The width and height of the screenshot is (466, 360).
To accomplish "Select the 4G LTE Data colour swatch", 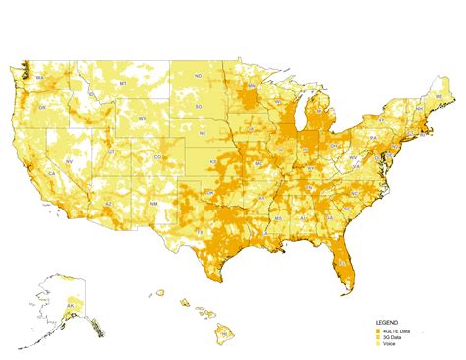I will [x=377, y=330].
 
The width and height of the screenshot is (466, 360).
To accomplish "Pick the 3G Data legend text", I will [x=391, y=337].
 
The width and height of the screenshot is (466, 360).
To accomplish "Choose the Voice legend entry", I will [x=389, y=344].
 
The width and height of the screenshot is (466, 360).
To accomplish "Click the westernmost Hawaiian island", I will [x=158, y=292].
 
